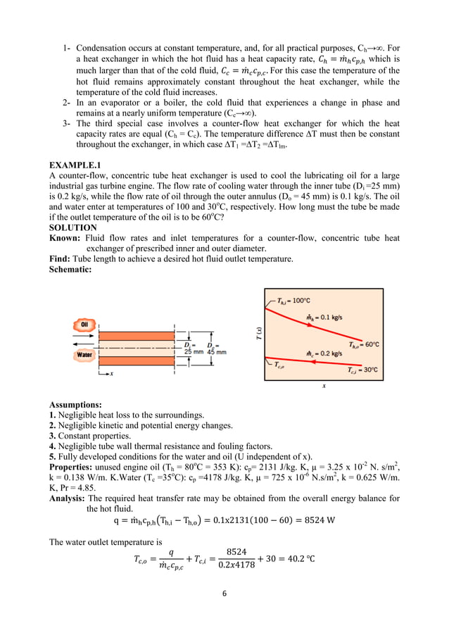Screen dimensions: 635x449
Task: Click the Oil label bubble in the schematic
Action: (84, 325)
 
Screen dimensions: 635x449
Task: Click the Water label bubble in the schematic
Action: (84, 356)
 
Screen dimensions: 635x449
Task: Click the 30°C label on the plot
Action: (364, 370)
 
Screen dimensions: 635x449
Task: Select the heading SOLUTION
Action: (72, 228)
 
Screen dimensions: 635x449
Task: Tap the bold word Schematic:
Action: (70, 269)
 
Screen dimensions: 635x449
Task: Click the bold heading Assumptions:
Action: (75, 405)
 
